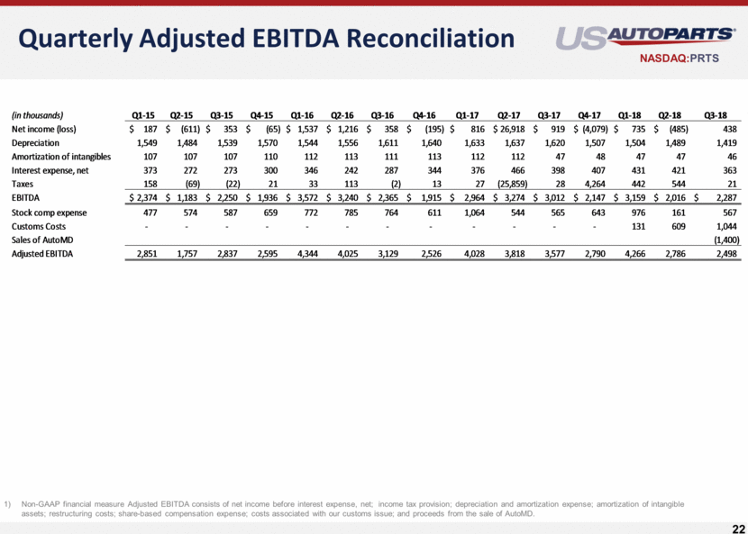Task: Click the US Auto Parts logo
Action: point(644,36)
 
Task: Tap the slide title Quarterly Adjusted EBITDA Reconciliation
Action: point(266,38)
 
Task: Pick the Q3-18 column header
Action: point(724,115)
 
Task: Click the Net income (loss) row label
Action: point(43,130)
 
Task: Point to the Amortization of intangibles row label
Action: point(60,157)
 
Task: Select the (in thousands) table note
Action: point(37,115)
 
